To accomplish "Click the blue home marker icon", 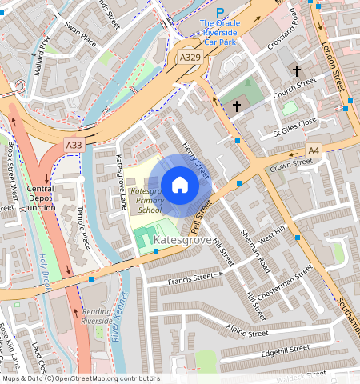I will click(x=180, y=185).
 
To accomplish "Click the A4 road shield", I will click(x=314, y=150).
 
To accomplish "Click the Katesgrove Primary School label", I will click(x=149, y=201).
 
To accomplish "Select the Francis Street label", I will click(x=196, y=278).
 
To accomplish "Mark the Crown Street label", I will click(x=290, y=165).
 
